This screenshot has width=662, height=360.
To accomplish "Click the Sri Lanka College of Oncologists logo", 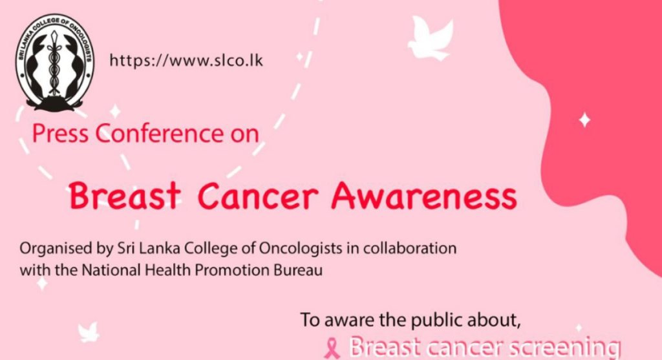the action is click(x=55, y=63).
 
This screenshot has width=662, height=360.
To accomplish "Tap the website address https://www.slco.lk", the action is click(x=186, y=61).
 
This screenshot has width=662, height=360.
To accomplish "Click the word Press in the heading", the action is click(x=60, y=134).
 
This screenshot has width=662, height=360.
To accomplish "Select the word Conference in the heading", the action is click(x=159, y=134).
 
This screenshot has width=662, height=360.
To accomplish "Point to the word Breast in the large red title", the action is click(x=125, y=196).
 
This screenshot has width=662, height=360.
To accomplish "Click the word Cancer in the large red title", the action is click(x=258, y=196).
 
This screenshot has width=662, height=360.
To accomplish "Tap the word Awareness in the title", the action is click(x=424, y=196).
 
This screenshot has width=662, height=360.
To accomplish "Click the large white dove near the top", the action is click(x=430, y=38).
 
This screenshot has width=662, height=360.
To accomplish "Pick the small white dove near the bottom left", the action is click(x=88, y=332).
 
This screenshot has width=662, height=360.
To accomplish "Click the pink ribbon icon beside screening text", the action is click(x=332, y=348).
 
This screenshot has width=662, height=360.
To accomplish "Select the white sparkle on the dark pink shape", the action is click(x=584, y=120).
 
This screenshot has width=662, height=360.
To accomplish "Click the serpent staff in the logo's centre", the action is click(x=54, y=63).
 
